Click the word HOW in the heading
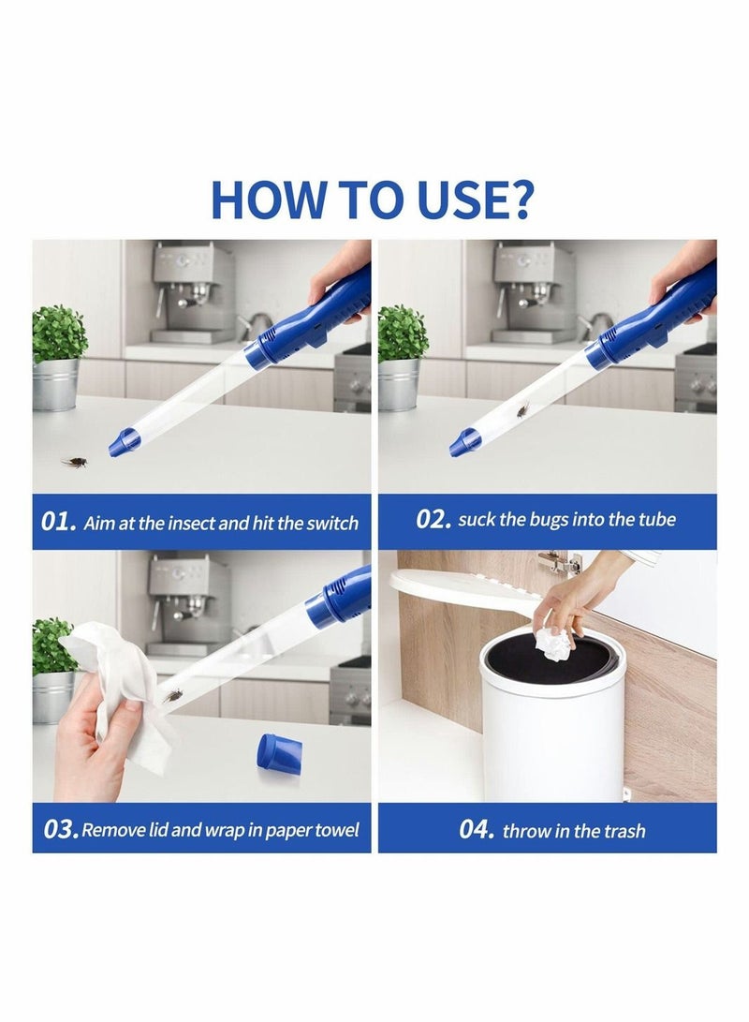[267, 200]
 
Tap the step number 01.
[59, 522]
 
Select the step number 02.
[433, 520]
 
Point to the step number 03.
[61, 829]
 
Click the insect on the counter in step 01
[74, 462]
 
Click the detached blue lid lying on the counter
[280, 754]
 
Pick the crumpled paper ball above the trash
[553, 644]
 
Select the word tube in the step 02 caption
[656, 520]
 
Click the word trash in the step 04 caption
[624, 830]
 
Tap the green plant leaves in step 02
[403, 333]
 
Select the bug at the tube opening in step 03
[172, 695]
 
